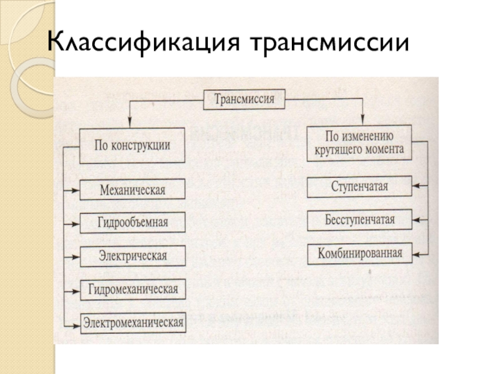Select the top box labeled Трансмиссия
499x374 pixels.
245,98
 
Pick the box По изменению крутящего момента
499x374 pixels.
359,143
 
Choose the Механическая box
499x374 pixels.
132,189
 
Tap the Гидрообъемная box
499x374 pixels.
132,222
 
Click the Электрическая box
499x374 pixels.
132,255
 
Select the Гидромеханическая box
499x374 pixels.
132,289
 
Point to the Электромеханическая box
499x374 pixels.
132,322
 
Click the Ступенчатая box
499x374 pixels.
360,185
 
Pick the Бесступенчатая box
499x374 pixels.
360,219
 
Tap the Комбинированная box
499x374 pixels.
360,253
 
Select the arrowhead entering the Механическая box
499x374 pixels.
75,189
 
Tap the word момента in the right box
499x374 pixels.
385,150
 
